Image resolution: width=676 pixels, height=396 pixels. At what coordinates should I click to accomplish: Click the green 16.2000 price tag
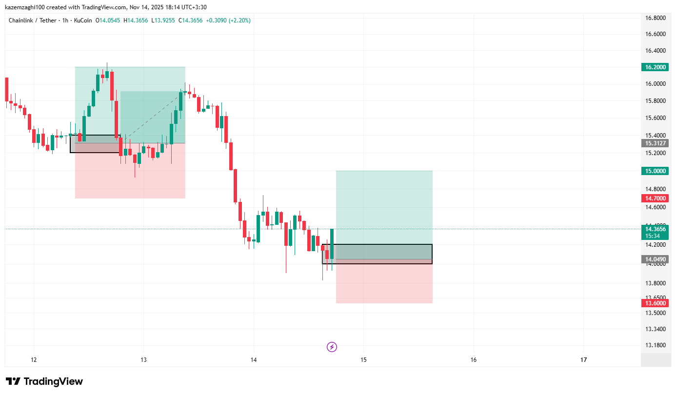(x=655, y=67)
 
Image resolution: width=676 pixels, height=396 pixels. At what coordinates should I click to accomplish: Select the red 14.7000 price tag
(x=655, y=198)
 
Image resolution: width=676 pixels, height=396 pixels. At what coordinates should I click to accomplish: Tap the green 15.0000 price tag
(x=655, y=171)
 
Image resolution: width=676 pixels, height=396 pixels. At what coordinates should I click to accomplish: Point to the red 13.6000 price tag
(x=655, y=303)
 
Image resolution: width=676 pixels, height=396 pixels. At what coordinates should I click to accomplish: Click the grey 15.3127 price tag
(x=655, y=143)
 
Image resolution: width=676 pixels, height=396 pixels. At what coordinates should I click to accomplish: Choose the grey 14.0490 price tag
(x=655, y=259)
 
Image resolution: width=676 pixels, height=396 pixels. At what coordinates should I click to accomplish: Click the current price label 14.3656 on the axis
(x=655, y=229)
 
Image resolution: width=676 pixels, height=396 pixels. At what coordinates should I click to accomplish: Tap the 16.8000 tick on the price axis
(x=656, y=18)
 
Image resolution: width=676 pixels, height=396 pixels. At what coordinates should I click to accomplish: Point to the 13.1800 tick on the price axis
(x=656, y=345)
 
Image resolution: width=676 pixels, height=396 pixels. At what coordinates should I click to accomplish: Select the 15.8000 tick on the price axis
(x=656, y=101)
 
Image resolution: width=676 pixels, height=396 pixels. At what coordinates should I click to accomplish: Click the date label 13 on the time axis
(x=143, y=360)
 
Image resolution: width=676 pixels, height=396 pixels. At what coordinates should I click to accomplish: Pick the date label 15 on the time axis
(x=363, y=360)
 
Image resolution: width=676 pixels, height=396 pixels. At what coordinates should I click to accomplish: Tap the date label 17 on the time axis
(x=584, y=360)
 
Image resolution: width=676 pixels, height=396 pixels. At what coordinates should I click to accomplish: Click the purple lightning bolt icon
(x=332, y=347)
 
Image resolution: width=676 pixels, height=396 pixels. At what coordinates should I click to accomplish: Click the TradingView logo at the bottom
(x=44, y=381)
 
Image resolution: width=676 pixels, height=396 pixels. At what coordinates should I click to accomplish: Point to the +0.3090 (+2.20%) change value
(x=228, y=20)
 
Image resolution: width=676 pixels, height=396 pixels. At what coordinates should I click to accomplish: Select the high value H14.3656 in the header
(x=136, y=20)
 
